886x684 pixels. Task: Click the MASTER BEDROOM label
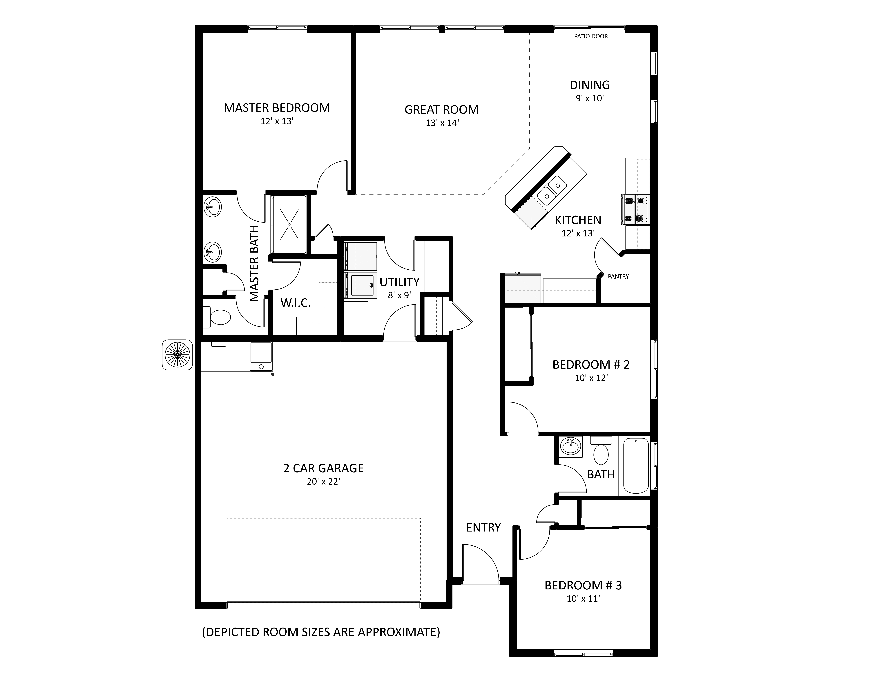[277, 108]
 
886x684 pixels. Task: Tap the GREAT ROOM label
[441, 110]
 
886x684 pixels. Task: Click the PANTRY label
[618, 276]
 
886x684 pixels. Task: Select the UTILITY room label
[400, 282]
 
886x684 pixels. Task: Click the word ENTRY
[483, 528]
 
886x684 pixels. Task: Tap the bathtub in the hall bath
[636, 466]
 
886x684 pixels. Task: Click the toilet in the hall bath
[601, 451]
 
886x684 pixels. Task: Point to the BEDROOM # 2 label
[591, 365]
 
